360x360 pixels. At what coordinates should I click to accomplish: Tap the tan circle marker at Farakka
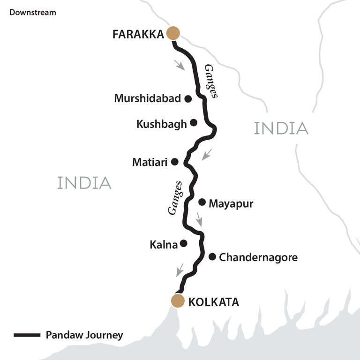pos(173,33)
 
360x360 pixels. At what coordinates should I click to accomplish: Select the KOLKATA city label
pos(213,302)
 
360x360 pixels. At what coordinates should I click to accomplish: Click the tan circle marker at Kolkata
pos(178,301)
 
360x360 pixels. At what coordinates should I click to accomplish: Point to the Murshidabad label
pos(148,98)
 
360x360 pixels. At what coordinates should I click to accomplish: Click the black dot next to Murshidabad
pos(188,98)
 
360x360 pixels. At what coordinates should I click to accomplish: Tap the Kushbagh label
pos(162,124)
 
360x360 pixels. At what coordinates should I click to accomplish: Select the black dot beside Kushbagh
pos(194,123)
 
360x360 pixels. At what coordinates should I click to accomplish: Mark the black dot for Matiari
pos(175,162)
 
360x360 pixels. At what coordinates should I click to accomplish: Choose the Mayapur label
pos(231,204)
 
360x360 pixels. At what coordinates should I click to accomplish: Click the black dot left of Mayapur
pos(202,202)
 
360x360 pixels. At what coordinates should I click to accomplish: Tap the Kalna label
pos(164,245)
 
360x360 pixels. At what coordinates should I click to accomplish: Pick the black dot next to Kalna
pos(184,243)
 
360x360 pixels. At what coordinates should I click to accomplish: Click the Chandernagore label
pos(258,257)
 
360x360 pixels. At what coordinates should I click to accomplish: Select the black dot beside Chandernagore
pos(212,256)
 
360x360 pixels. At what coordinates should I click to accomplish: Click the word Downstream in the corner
pos(33,12)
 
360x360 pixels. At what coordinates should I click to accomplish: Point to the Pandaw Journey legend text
pos(84,335)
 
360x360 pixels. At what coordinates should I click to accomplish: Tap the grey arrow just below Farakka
pos(180,65)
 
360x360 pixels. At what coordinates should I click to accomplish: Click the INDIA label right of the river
pos(281,128)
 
